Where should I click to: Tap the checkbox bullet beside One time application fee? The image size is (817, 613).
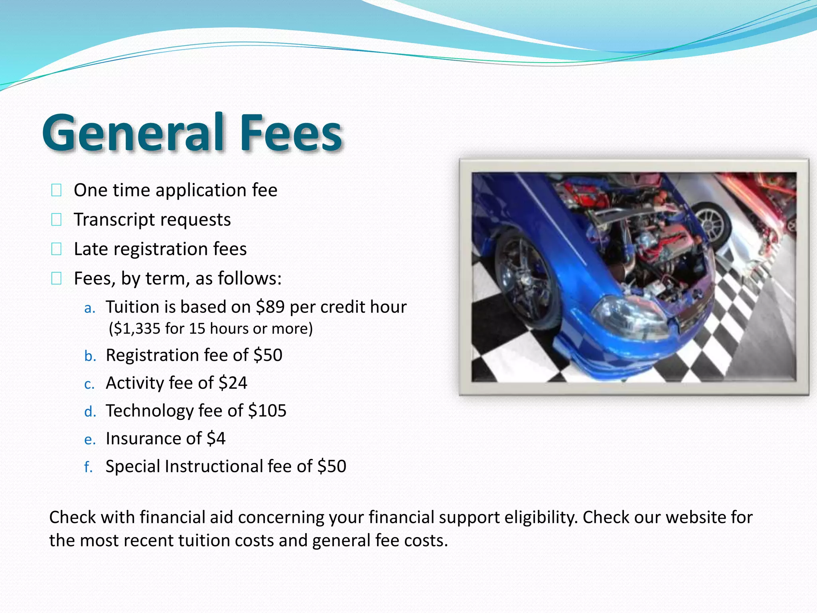[56, 190]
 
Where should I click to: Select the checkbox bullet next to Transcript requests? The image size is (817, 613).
[56, 219]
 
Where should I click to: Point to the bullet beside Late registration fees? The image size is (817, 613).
[56, 249]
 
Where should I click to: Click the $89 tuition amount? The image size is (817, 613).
[270, 307]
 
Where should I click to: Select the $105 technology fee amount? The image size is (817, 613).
[267, 411]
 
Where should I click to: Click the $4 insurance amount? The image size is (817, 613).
[216, 439]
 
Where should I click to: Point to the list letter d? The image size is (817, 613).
[90, 411]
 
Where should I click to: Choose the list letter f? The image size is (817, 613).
[88, 467]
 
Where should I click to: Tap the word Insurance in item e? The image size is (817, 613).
[154, 439]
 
